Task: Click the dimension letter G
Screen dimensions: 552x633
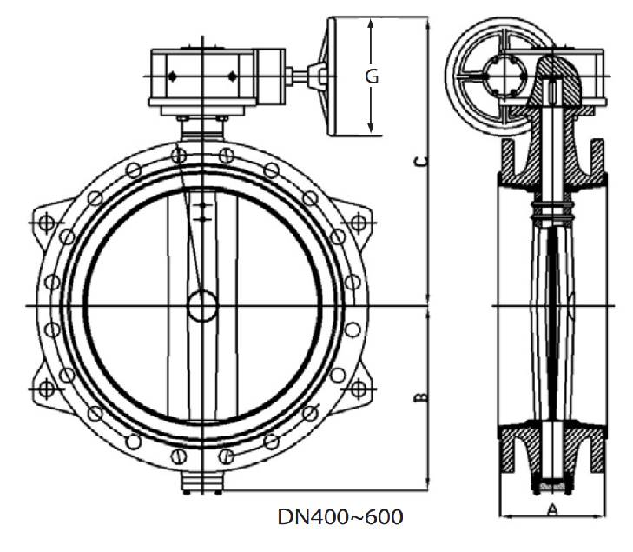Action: [372, 76]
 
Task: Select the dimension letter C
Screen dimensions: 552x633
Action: [421, 163]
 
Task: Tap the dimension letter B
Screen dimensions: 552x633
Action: [421, 396]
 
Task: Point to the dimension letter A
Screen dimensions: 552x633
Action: [551, 509]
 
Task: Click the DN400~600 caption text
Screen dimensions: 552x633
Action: [340, 516]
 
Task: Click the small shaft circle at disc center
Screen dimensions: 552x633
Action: [202, 305]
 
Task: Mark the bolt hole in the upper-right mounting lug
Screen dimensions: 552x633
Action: [356, 222]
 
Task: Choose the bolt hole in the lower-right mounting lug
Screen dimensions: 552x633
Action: [356, 389]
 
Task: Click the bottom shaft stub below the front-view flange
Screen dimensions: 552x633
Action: [202, 482]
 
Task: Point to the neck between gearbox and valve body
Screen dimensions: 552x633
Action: [202, 126]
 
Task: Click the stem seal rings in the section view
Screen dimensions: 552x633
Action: [552, 209]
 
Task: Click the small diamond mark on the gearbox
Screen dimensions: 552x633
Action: [172, 77]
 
